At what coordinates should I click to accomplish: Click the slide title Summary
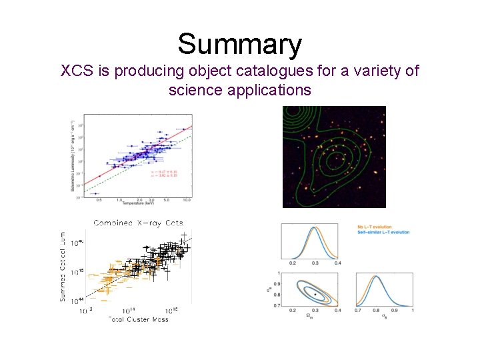point(240,45)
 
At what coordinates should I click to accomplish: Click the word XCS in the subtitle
point(76,71)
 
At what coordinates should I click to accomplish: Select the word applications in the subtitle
point(240,89)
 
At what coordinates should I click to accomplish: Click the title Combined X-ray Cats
point(138,223)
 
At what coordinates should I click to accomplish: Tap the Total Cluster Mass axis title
point(137,319)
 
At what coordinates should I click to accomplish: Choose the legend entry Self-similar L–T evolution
point(383,232)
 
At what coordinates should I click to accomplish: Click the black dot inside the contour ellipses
point(315,294)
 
